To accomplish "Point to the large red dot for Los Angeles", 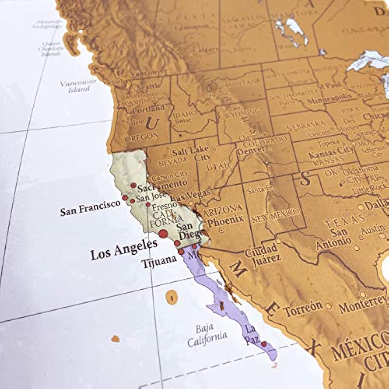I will (163, 233).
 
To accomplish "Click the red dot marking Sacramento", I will (133, 185).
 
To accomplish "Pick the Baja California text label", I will (207, 336).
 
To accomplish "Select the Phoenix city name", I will (226, 220).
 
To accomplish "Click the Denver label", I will (251, 151).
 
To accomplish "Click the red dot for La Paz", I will (264, 344).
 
